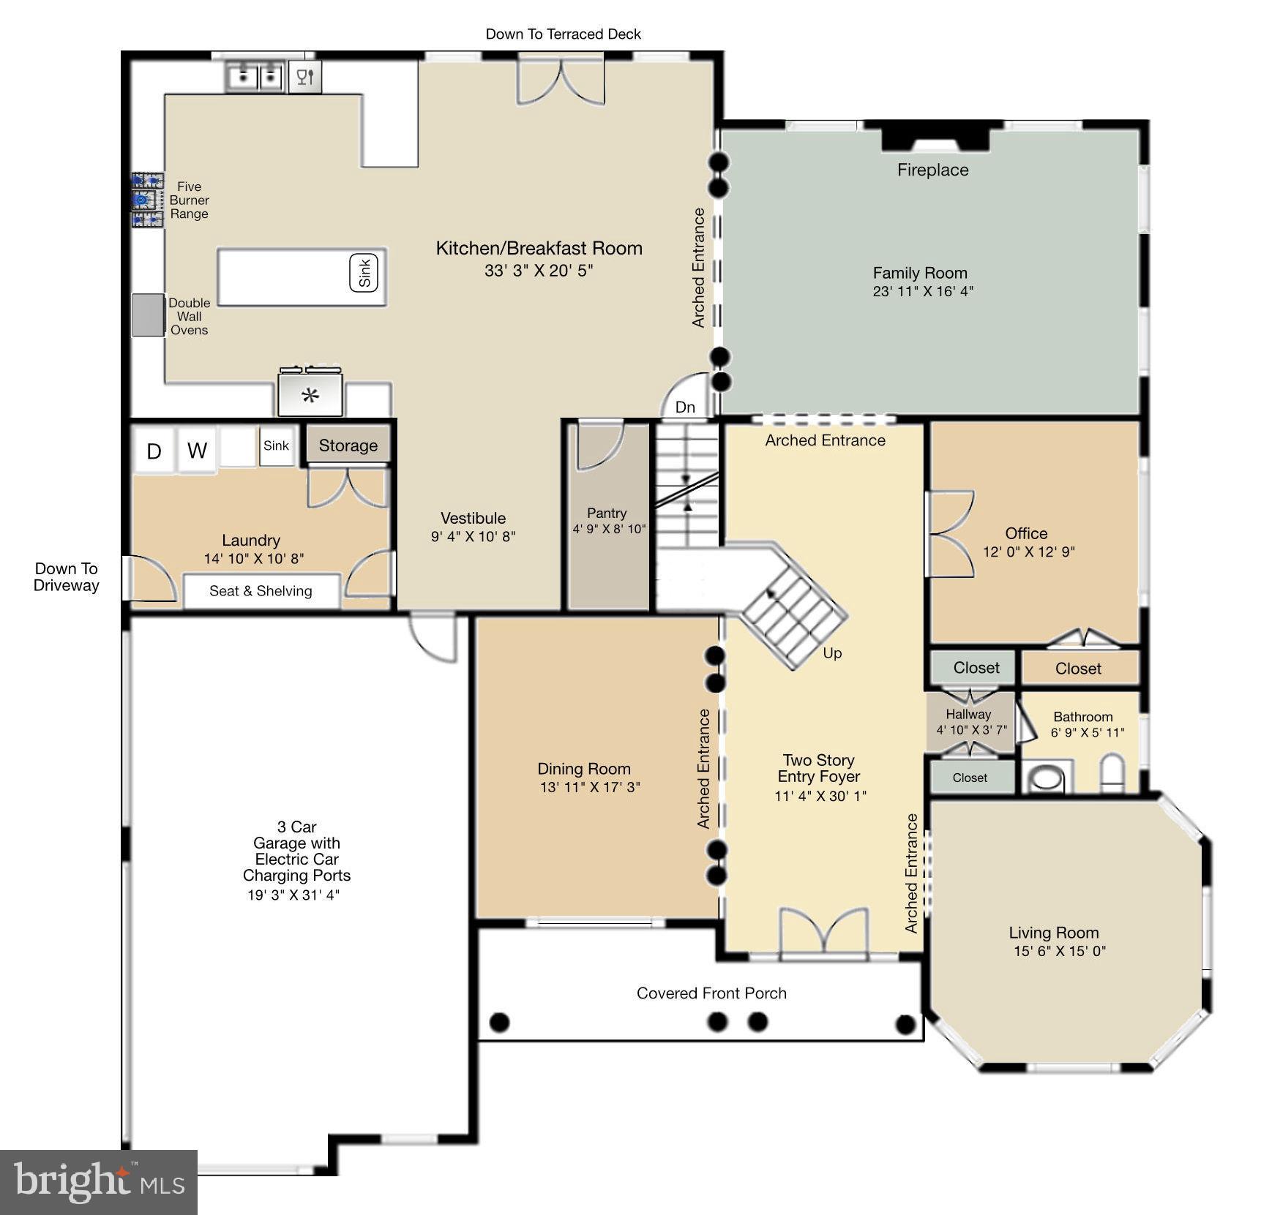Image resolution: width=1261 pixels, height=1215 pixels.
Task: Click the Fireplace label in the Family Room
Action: coord(932,170)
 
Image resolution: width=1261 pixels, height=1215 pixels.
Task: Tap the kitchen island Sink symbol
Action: coord(364,273)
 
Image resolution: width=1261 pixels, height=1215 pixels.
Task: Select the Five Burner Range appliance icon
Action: coord(147,200)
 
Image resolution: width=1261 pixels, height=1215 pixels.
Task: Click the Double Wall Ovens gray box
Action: coord(148,315)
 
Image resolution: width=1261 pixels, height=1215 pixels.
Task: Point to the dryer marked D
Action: coord(154,451)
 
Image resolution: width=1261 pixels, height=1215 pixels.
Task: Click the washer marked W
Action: coord(197,450)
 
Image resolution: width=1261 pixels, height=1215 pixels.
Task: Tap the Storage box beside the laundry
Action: coord(348,445)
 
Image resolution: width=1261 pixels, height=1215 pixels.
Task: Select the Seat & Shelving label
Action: coord(261,591)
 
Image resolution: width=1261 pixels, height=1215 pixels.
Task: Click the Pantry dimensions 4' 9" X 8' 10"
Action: coord(608,529)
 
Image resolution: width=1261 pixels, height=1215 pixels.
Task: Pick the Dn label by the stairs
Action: coord(685,407)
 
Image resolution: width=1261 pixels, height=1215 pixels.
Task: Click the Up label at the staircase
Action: coord(832,652)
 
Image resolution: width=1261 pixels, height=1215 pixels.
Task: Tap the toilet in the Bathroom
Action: coord(1112,774)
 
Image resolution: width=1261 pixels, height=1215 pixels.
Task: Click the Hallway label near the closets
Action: coord(968,714)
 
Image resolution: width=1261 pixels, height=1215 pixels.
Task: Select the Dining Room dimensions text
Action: coord(590,787)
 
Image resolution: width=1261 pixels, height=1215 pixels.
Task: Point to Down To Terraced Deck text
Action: coord(563,34)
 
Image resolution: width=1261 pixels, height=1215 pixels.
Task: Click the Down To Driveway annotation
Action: coord(66,576)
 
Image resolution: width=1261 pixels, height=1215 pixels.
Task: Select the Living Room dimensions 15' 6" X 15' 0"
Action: coord(1059,951)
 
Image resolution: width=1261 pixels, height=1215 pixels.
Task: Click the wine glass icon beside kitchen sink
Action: coord(305,76)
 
